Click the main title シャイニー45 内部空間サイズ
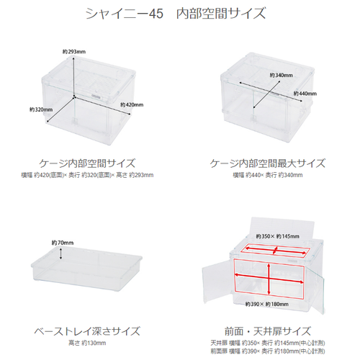point(176,13)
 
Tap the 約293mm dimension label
point(74,52)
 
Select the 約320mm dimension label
point(41,109)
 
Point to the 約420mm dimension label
point(132,104)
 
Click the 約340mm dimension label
point(282,75)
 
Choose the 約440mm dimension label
point(305,94)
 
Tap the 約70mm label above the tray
point(63,243)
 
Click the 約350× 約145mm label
point(278,236)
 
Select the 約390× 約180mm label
point(267,304)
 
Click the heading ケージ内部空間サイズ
point(87,163)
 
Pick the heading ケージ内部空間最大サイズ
point(268,163)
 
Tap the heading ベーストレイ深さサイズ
point(87,331)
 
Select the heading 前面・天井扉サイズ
point(268,331)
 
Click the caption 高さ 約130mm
point(87,343)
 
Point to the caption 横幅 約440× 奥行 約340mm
point(268,175)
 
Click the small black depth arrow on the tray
point(60,253)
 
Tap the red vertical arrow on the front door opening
point(269,279)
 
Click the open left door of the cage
point(217,282)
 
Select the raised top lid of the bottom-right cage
point(282,228)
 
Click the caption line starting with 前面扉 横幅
point(268,351)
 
